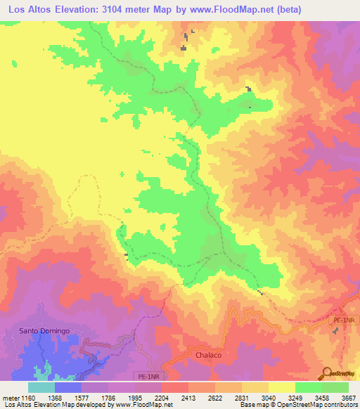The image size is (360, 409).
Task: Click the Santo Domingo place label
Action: [44, 330]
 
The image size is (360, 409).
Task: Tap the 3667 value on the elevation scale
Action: [349, 397]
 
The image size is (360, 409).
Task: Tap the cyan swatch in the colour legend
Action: [41, 387]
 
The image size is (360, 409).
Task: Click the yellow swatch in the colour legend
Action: [281, 387]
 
